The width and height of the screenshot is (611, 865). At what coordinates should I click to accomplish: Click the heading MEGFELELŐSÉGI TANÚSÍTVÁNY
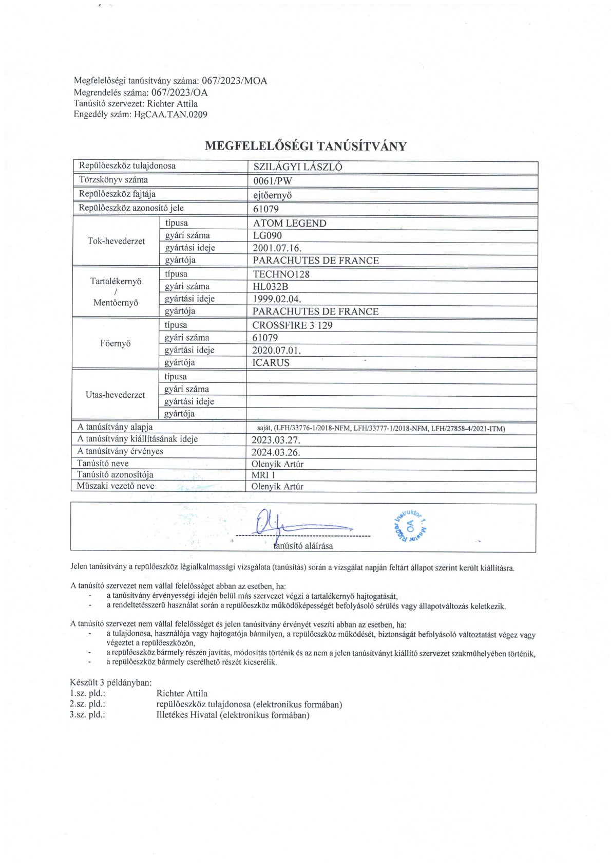pos(305,146)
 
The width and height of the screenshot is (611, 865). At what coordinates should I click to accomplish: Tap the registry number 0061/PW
pos(273,181)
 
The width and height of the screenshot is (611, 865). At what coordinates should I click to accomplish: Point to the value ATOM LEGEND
pos(290,223)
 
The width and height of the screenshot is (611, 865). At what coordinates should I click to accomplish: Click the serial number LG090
pos(268,235)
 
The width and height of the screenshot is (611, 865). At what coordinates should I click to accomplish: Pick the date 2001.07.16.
pos(277,248)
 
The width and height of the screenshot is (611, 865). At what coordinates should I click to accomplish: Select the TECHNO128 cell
pos(281,274)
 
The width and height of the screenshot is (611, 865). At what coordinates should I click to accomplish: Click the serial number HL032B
pos(271,286)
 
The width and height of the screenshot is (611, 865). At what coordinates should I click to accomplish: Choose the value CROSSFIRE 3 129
pos(293,325)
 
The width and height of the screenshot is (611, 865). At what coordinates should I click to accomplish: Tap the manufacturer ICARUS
pos(271,362)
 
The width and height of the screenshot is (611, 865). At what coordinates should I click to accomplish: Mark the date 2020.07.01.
pos(277,350)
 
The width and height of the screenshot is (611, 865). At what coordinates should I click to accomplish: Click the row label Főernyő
pos(116,343)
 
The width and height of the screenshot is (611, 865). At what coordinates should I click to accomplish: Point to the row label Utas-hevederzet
pos(116,395)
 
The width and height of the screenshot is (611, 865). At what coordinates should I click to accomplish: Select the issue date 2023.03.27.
pos(276,440)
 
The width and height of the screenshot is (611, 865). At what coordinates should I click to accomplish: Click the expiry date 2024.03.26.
pos(276,452)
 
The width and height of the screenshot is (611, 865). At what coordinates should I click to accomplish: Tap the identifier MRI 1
pos(263,475)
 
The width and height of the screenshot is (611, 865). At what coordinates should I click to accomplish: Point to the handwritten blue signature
pos(288,524)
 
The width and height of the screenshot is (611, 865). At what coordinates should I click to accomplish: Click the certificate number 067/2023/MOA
pos(234,81)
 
